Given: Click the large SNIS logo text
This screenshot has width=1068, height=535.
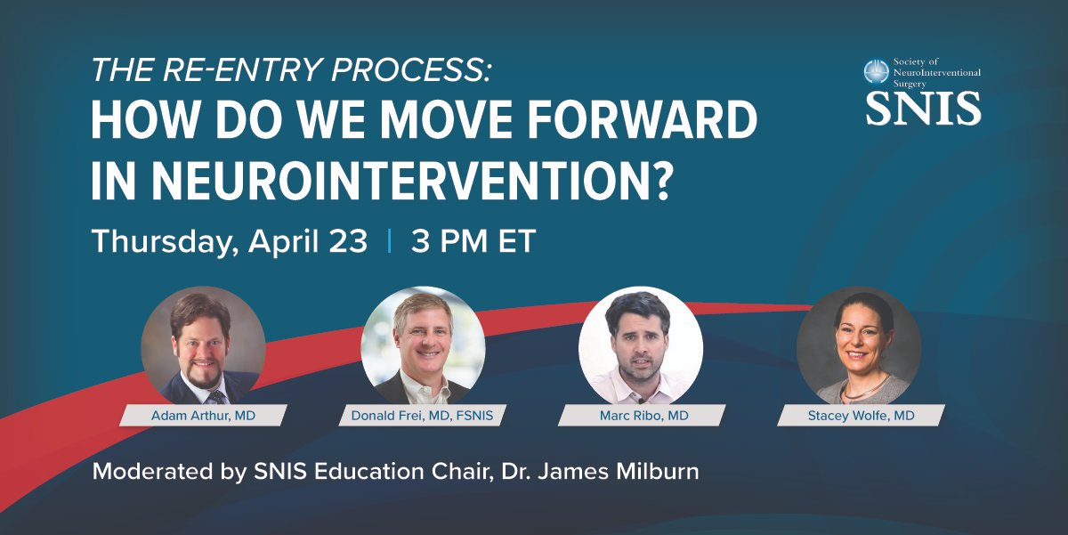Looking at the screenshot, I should pos(923,107).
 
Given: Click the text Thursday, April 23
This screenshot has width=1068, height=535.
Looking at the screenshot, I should pos(230,241).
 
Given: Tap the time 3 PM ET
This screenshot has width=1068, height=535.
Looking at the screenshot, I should pos(473,241).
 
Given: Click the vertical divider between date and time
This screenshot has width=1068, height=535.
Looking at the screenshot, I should pos(389,241).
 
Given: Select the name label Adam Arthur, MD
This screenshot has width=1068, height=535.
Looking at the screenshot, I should pos(203,415).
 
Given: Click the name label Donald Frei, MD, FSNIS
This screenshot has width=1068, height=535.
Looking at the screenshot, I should pos(423,415).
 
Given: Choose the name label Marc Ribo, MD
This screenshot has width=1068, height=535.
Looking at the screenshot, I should pos(641,415).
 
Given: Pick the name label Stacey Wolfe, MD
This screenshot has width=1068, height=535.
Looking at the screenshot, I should pos(859,415).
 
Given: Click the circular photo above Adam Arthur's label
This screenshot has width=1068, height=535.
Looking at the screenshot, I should pos(203,344).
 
